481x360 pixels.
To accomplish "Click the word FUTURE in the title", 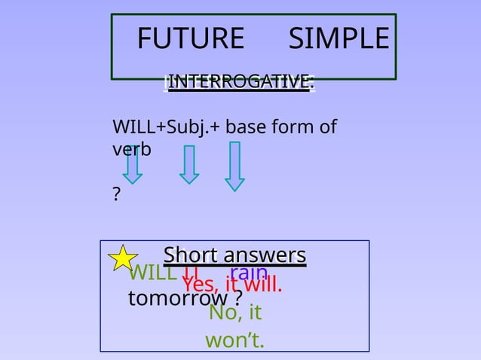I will coord(191,38).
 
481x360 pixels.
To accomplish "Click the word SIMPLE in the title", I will coord(339,38).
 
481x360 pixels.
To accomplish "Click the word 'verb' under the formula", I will coord(131,148).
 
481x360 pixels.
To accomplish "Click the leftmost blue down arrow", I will coord(133,165).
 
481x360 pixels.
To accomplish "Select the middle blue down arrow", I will coord(189,165).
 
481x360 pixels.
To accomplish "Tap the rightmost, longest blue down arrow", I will coord(234,167).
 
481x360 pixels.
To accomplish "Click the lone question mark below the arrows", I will coord(116,195).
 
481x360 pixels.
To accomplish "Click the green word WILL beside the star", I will coord(155,272).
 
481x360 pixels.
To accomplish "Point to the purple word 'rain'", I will coord(249,271).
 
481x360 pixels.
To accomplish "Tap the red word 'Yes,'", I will coord(201,285).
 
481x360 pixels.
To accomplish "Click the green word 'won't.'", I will coord(234,340).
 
